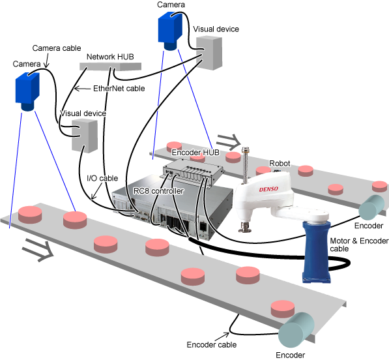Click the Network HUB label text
[x=110, y=57]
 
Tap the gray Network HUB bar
[x=110, y=67]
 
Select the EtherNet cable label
[x=119, y=89]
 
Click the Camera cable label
[x=57, y=48]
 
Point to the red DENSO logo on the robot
[x=268, y=189]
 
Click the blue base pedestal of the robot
[x=316, y=251]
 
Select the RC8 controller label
[x=158, y=191]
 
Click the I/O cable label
[x=102, y=178]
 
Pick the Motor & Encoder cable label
[x=359, y=245]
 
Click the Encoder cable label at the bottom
[x=212, y=344]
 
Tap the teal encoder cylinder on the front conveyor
[x=296, y=330]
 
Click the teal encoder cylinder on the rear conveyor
[x=371, y=207]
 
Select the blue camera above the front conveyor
[x=27, y=91]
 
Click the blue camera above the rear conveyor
[x=170, y=31]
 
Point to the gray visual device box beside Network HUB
[x=209, y=52]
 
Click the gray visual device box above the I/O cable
[x=85, y=136]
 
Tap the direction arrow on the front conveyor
[x=38, y=250]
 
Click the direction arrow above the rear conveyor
[x=229, y=142]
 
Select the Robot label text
[x=280, y=164]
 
